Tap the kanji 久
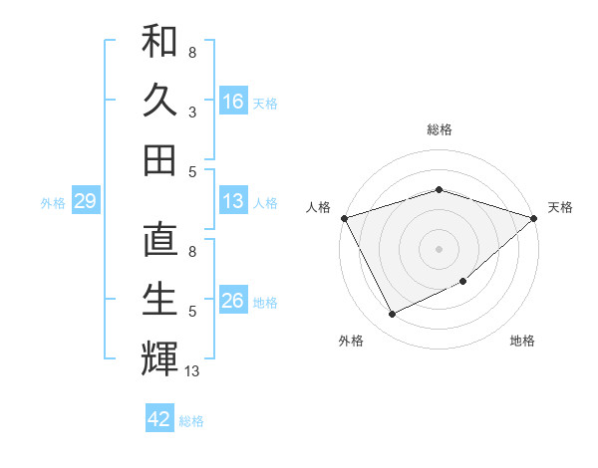(159, 101)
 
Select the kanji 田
(159, 158)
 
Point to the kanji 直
(159, 241)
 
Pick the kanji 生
(159, 300)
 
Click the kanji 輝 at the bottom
(159, 357)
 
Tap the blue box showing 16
(233, 102)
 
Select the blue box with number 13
(233, 201)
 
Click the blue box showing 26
(233, 301)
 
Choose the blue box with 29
(85, 202)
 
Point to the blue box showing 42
(159, 419)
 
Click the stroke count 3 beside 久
(191, 112)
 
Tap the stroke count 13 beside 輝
(193, 371)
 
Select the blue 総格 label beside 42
(191, 421)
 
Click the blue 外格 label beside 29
(53, 203)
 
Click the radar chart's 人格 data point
(344, 218)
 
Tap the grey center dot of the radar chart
(439, 248)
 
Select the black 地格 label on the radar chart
(522, 341)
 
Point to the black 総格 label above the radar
(439, 129)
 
